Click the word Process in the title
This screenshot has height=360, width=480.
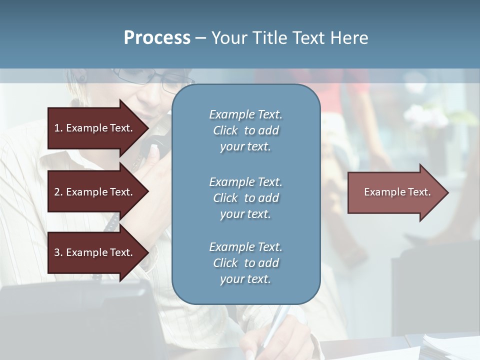(x=157, y=38)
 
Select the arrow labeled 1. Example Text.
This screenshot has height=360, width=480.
(x=95, y=128)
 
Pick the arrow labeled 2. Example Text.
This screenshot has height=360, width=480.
(x=95, y=192)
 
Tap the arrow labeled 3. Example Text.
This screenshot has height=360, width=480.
(x=95, y=252)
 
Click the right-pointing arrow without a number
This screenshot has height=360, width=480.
(x=395, y=192)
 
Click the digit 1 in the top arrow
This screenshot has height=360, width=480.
(x=57, y=128)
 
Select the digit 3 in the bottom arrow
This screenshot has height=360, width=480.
(x=57, y=252)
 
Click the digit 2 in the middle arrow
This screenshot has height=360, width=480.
(x=57, y=192)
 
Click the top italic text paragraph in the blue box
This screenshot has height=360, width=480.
(x=245, y=130)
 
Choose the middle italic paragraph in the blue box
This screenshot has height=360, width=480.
(x=245, y=198)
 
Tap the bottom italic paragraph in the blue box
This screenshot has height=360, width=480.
(x=245, y=263)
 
